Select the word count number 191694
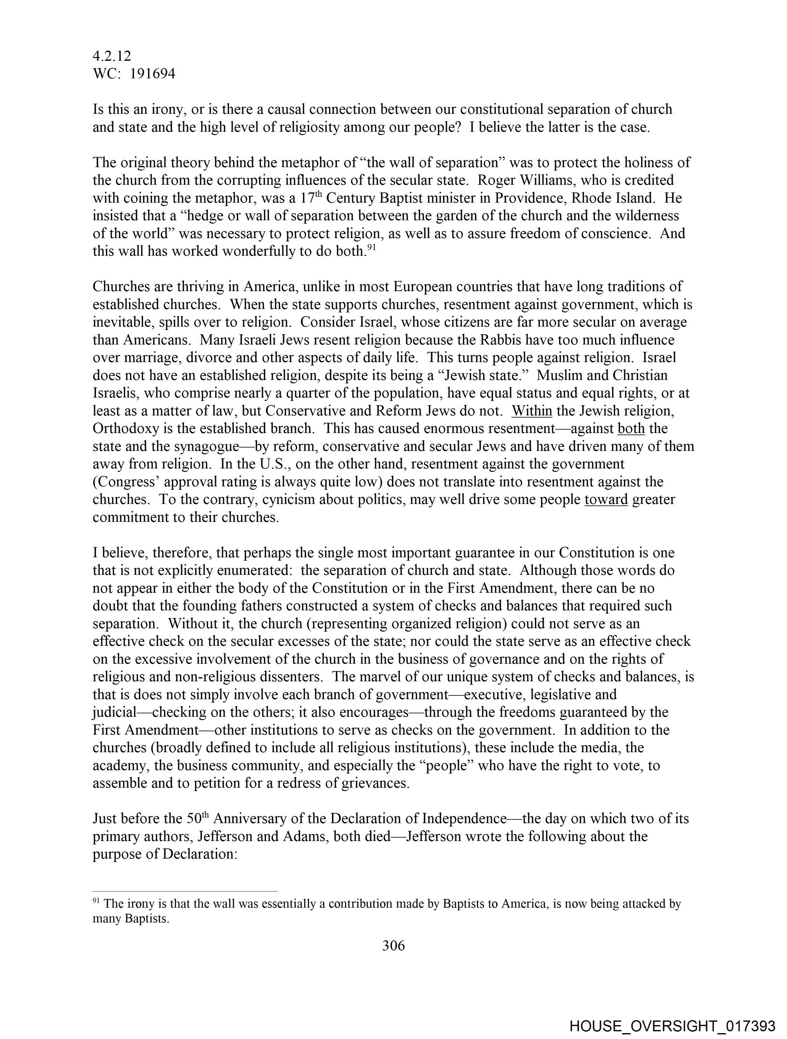point(152,74)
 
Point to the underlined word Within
point(532,411)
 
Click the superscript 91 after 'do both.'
point(371,248)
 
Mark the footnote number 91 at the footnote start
point(96,901)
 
